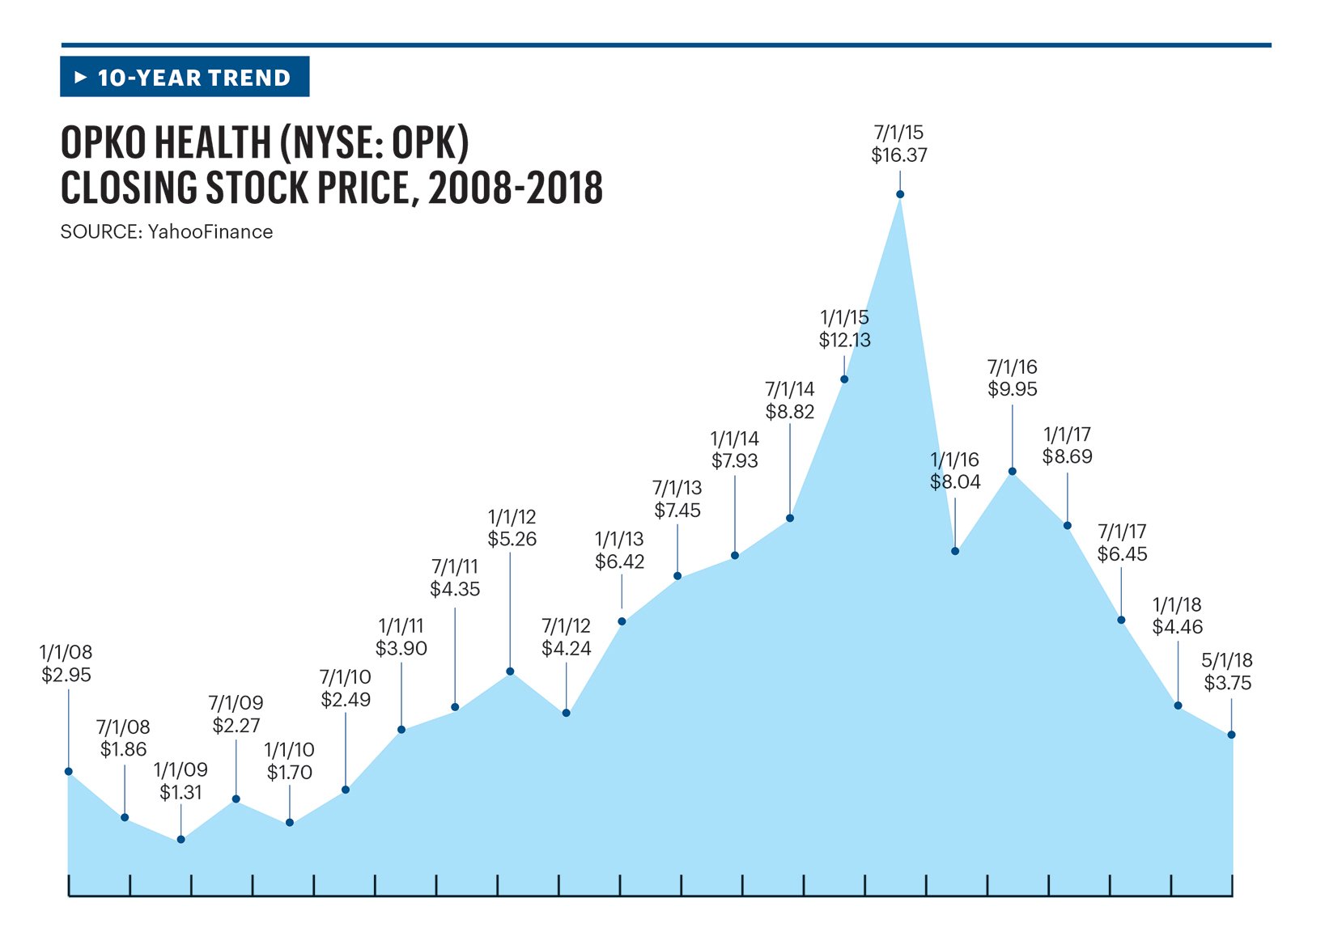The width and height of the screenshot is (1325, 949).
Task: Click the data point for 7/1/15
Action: (x=900, y=194)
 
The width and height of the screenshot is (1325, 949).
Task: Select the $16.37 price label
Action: (x=899, y=155)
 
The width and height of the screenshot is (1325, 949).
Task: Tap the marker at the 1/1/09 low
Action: (x=181, y=840)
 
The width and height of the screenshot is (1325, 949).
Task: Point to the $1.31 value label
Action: (x=180, y=793)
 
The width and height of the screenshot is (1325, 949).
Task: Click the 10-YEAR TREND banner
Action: (x=185, y=77)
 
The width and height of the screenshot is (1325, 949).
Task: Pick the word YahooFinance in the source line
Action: (x=210, y=232)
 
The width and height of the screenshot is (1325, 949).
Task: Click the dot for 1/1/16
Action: (x=955, y=551)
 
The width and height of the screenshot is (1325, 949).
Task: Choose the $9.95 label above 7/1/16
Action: (x=1013, y=389)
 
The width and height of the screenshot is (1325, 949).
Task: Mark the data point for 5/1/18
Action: (x=1231, y=735)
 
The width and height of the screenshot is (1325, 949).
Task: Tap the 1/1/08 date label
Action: (x=66, y=652)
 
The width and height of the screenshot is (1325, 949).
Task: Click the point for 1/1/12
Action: (x=510, y=672)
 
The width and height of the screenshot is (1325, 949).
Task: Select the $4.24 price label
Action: (x=567, y=649)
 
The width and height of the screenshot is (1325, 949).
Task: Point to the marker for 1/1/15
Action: (x=844, y=379)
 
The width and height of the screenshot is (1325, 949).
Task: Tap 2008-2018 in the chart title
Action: (x=516, y=189)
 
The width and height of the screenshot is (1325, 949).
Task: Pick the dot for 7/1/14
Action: (x=790, y=518)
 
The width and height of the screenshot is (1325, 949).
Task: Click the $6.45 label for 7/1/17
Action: (x=1123, y=554)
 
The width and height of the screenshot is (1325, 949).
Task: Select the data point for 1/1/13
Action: (x=622, y=621)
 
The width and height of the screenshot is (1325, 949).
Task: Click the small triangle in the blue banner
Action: (x=80, y=78)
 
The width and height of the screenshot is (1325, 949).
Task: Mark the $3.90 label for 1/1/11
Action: (x=401, y=649)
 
